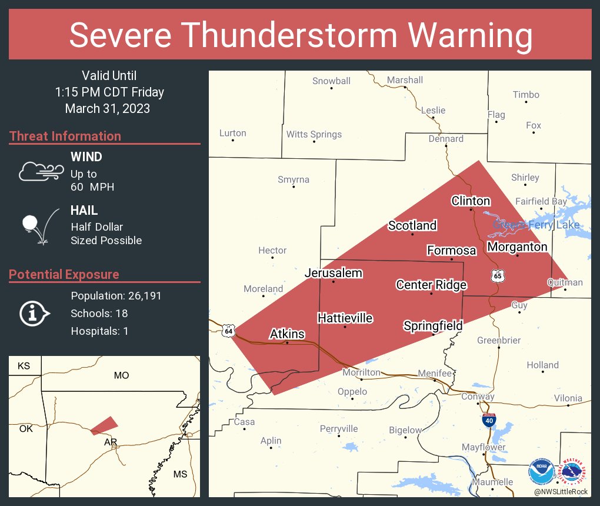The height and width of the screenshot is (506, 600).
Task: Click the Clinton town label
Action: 471,201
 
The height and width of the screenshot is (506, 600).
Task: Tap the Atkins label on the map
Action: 287,334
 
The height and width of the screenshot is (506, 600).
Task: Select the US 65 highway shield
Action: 497,275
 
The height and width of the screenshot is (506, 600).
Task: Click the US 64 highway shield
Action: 228,331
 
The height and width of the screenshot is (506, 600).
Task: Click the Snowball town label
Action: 331,81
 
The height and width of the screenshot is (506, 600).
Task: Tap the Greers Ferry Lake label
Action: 536,225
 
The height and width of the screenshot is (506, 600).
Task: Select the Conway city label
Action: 477,397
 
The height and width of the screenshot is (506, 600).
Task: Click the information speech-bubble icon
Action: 34,313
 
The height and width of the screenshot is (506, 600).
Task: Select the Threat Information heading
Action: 65,136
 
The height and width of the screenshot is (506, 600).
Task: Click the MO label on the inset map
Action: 121,375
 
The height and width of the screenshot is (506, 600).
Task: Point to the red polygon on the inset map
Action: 104,425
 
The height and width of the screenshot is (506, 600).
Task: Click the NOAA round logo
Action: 541,471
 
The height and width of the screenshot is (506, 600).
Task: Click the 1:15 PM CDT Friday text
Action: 109,92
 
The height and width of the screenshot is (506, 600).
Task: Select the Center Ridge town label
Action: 431,285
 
